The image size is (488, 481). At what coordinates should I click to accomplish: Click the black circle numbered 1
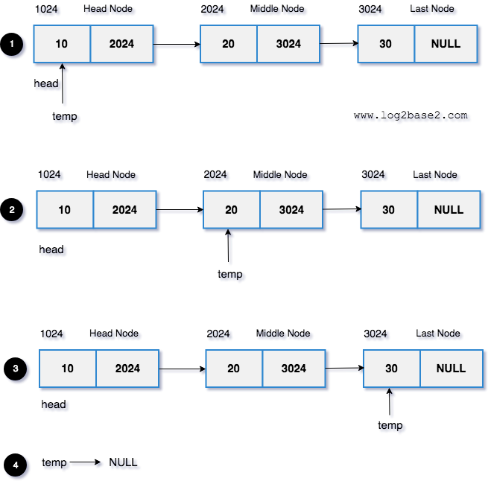tap(12, 45)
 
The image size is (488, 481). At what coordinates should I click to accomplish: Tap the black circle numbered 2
tap(12, 211)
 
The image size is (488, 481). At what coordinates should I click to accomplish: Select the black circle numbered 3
tap(15, 369)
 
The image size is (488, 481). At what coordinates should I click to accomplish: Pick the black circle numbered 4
tap(15, 465)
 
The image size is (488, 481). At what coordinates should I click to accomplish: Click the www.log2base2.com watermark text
tap(411, 115)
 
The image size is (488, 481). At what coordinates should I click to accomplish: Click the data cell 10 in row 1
tap(62, 44)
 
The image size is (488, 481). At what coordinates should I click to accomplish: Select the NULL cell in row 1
tap(446, 44)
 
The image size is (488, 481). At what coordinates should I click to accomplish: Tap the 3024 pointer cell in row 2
tap(291, 210)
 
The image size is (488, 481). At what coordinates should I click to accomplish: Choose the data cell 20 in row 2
tap(232, 210)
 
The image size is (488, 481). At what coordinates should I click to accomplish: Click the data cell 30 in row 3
tap(391, 369)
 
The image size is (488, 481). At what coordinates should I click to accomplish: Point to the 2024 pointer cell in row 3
tap(127, 369)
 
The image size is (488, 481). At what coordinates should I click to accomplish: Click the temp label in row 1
tap(64, 116)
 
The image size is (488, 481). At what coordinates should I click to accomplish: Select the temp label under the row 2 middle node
tap(230, 274)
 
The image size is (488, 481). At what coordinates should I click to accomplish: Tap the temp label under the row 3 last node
tap(390, 425)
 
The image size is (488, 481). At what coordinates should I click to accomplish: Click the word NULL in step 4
tap(123, 462)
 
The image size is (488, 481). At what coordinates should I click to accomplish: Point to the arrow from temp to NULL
tap(85, 462)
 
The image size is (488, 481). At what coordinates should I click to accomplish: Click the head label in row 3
tap(54, 405)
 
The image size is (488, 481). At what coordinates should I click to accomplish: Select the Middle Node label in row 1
tap(277, 9)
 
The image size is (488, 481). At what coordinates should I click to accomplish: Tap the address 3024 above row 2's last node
tap(373, 175)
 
